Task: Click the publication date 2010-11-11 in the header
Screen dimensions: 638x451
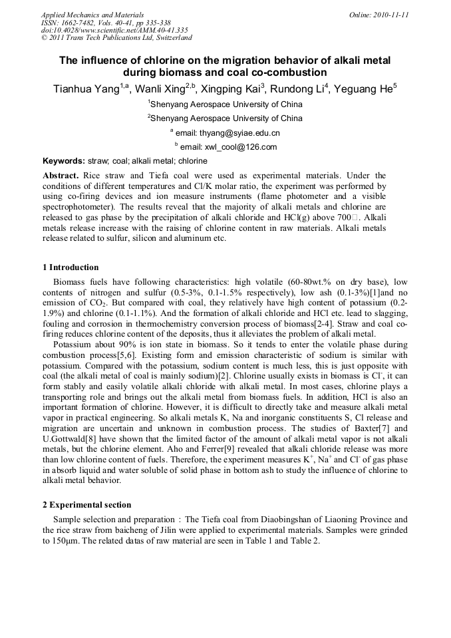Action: coord(388,15)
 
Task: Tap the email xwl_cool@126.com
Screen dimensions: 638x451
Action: coord(229,147)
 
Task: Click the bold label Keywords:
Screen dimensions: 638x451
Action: coord(64,161)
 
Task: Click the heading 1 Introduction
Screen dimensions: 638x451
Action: coord(71,267)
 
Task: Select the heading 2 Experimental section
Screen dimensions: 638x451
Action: coord(86,505)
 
